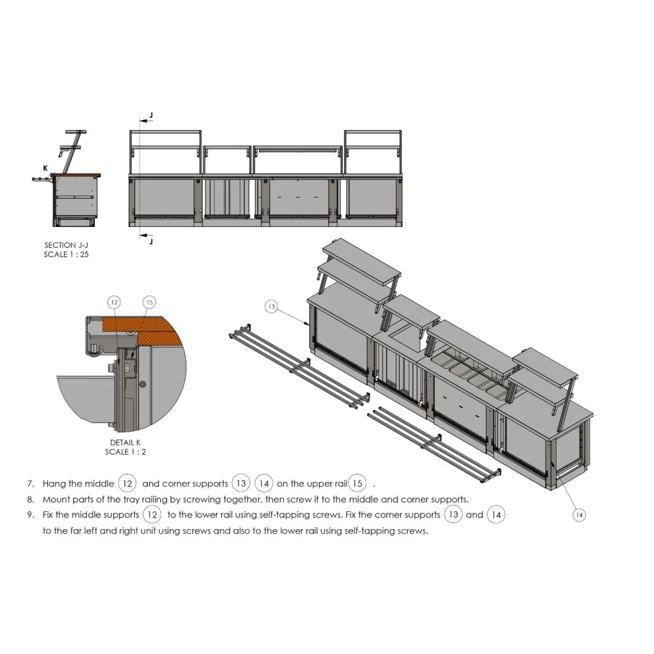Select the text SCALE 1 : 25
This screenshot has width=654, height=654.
[66, 254]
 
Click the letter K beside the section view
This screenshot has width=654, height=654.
[45, 168]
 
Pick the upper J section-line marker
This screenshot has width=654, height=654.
[151, 116]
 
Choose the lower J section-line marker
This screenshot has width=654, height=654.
[151, 241]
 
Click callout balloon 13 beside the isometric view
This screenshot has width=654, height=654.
[273, 305]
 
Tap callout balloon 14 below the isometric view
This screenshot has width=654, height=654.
[579, 515]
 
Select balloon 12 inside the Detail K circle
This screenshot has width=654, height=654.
[114, 302]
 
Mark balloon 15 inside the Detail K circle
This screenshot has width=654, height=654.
[149, 302]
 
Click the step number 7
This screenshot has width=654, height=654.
[30, 485]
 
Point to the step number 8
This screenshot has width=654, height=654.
[30, 499]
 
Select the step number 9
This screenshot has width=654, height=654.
[30, 515]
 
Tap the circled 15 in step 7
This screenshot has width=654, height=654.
[357, 484]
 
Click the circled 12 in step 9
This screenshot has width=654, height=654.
[152, 515]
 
